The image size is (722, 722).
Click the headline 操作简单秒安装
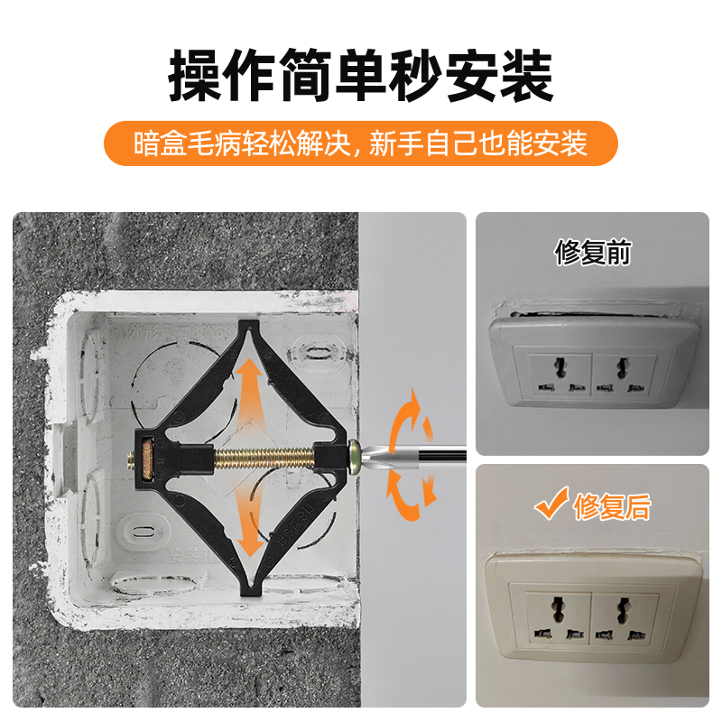click(x=361, y=77)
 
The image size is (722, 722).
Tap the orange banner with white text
click(x=361, y=143)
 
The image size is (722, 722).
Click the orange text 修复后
click(x=611, y=507)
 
